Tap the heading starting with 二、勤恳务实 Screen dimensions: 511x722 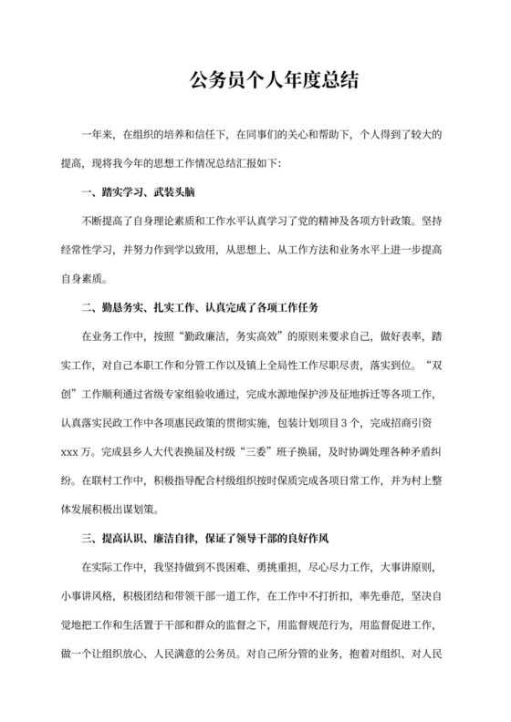point(199,298)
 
